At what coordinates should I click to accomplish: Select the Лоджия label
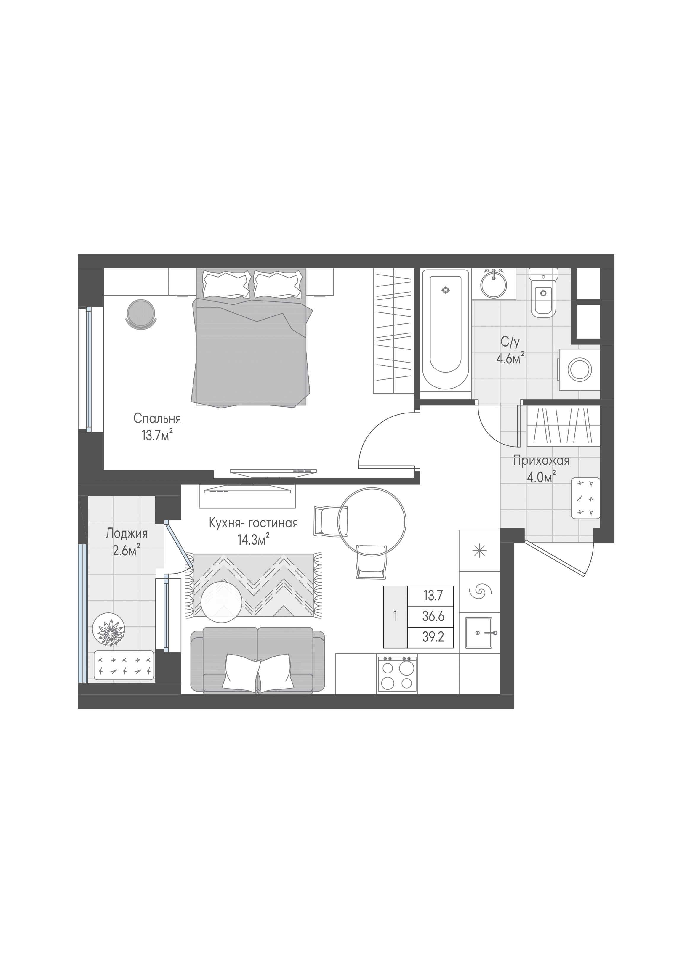[x=127, y=534]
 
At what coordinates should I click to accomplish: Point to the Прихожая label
[x=541, y=461]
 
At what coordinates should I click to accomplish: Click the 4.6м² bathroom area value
[x=510, y=359]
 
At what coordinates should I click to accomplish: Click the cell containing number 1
[x=396, y=616]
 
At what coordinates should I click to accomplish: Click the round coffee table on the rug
[x=222, y=602]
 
